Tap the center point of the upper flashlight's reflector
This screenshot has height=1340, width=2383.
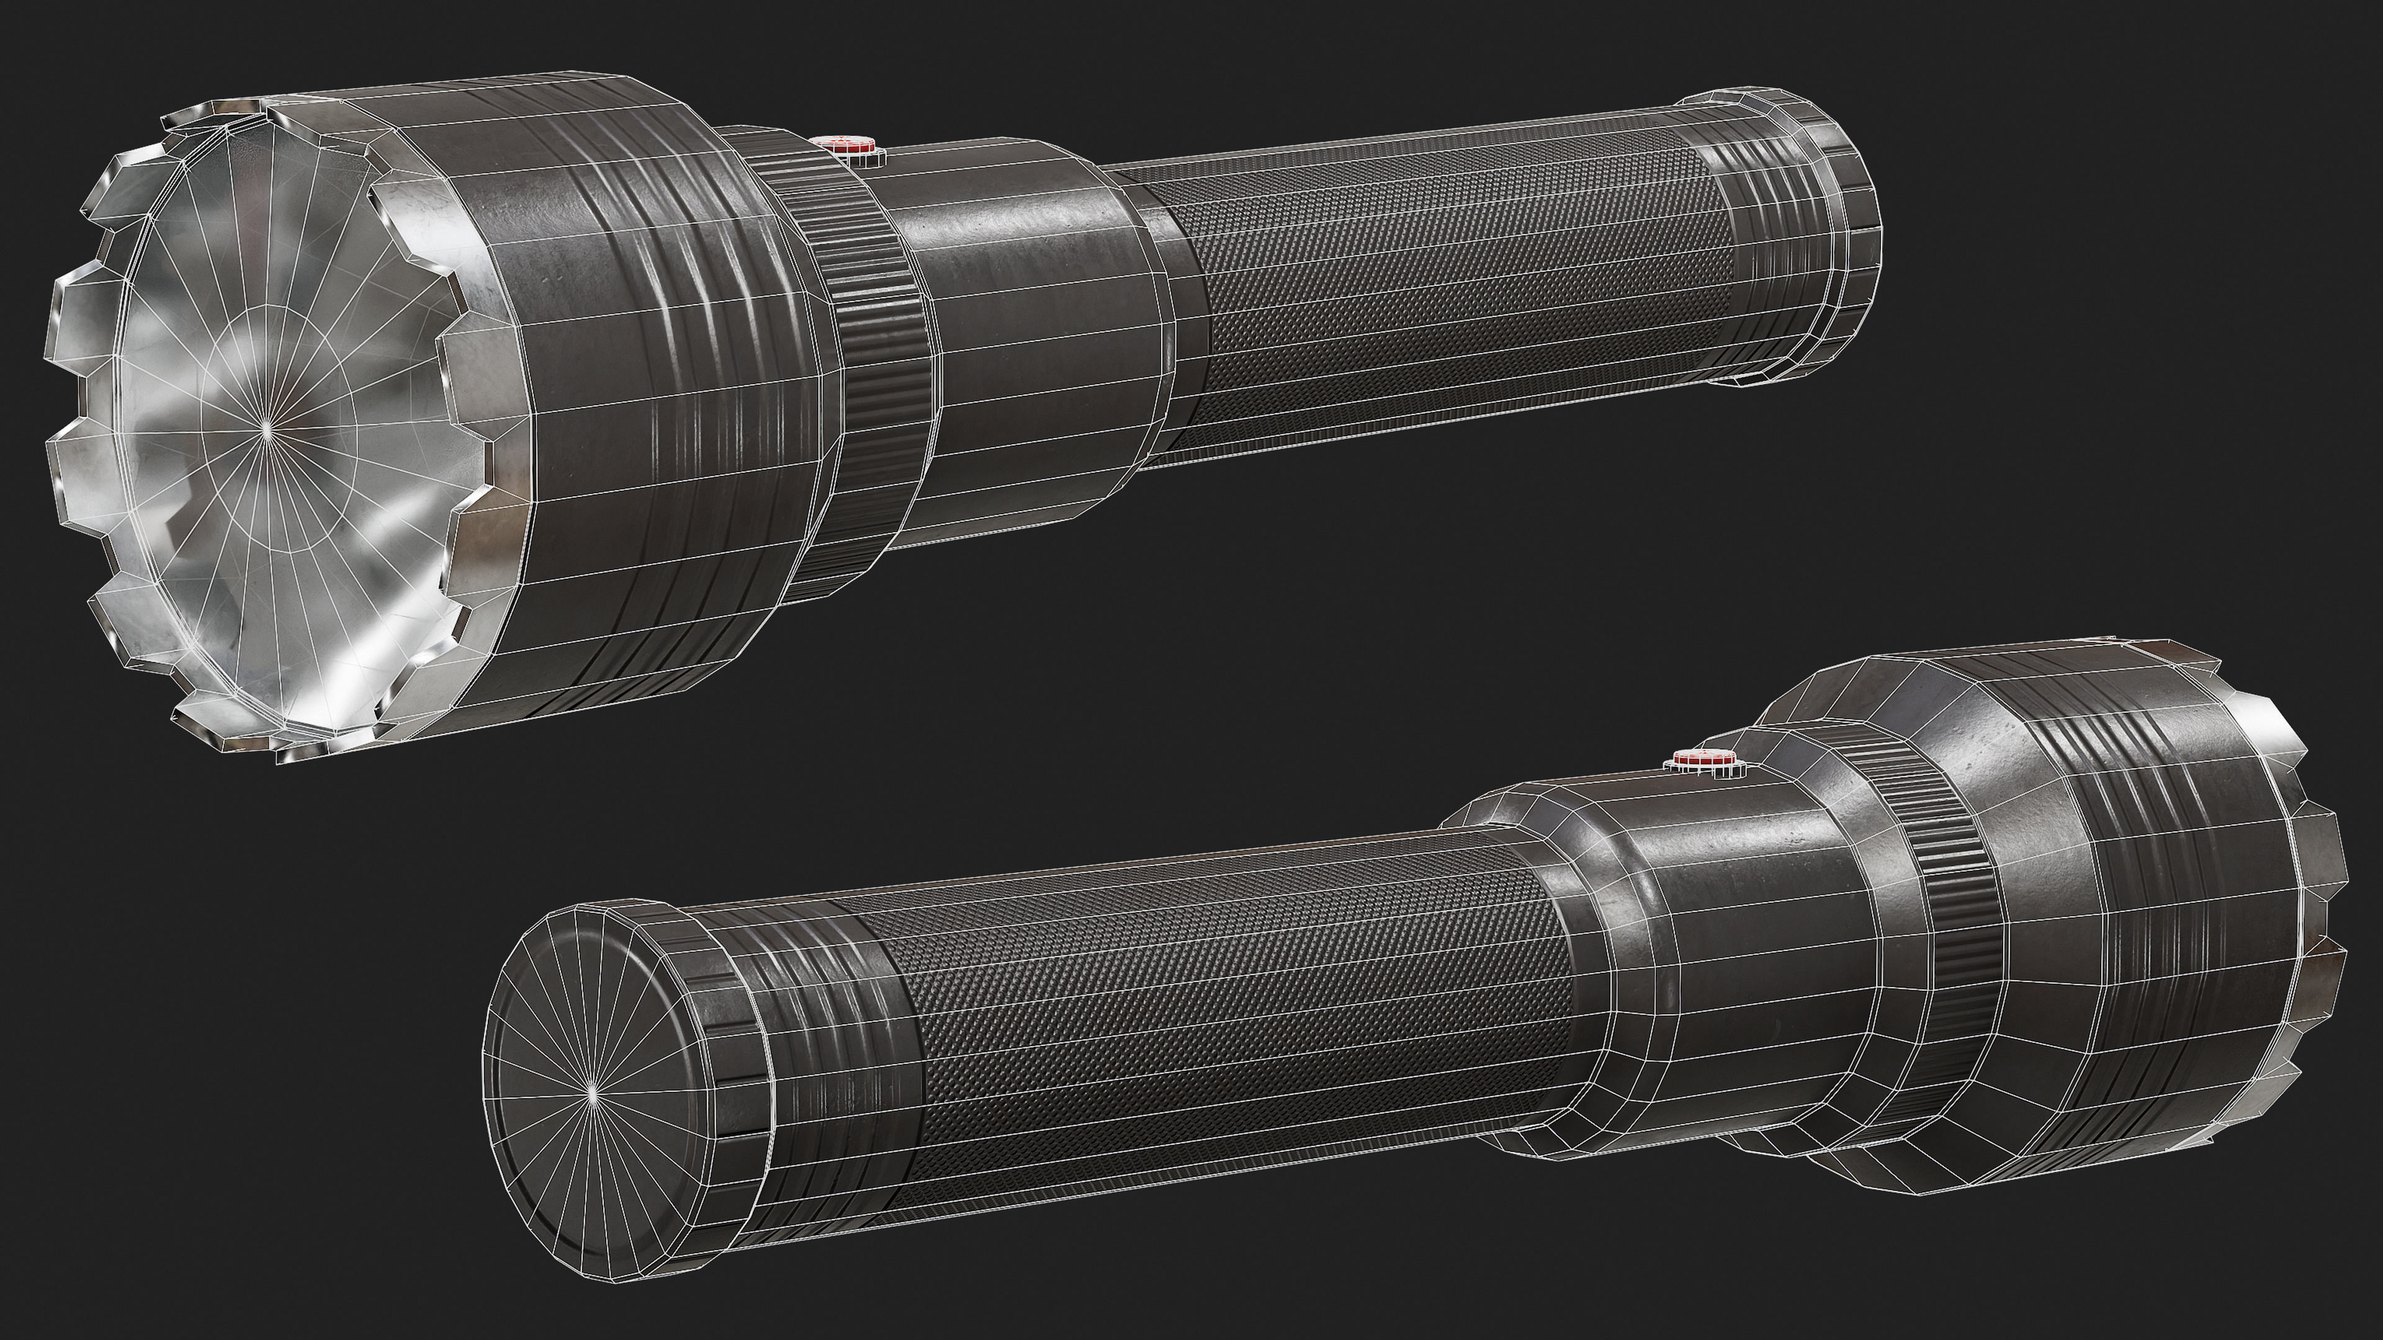click(x=266, y=426)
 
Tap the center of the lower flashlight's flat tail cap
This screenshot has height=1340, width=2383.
click(x=592, y=1093)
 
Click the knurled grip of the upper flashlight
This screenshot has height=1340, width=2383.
click(x=1443, y=296)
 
